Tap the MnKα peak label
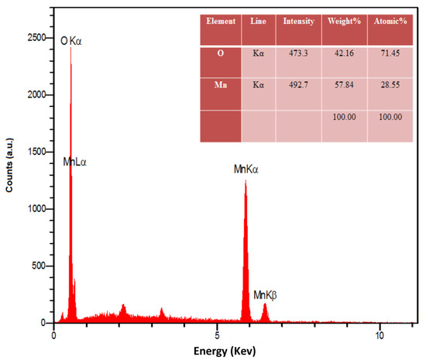250,168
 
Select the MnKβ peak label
266,295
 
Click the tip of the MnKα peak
246,181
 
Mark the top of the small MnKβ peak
265,304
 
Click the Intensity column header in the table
299,21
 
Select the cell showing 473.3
299,53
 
